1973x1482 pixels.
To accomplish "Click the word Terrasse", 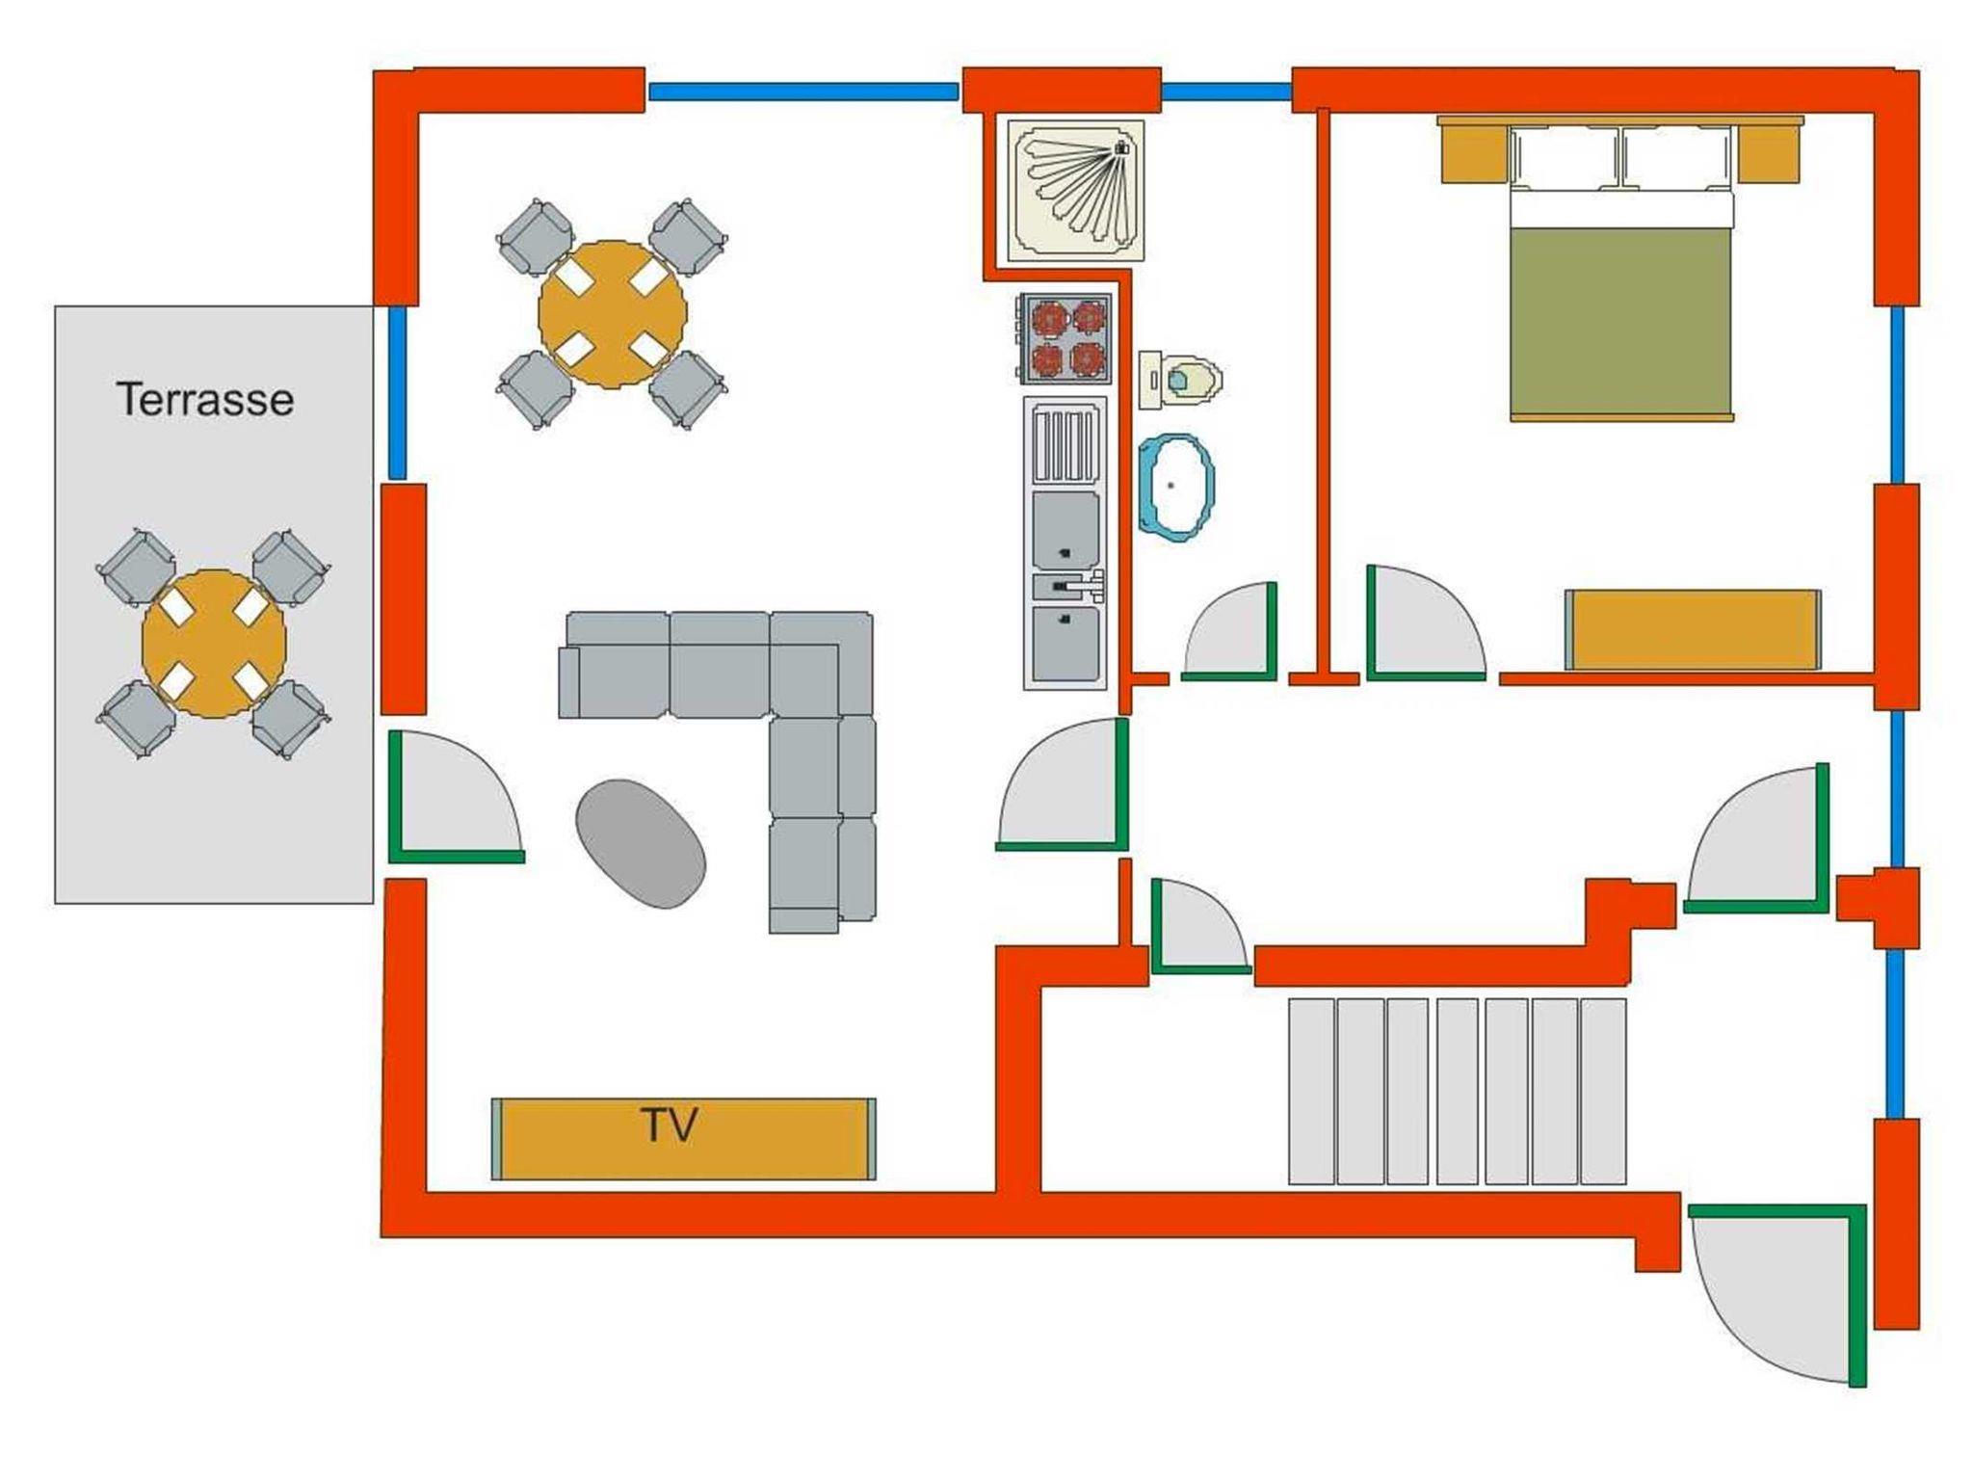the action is pos(205,399).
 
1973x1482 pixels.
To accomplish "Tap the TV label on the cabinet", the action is pos(669,1125).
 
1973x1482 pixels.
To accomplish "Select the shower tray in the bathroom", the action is pos(1076,190).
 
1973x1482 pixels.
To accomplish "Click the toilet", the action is pos(1181,379).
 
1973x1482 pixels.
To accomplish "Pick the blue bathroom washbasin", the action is pos(1176,487).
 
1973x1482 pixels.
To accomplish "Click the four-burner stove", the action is pos(1065,339).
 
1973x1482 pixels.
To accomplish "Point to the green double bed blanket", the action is pos(1620,322).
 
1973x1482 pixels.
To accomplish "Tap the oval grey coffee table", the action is pos(641,843).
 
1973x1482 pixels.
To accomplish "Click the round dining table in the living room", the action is pos(613,314).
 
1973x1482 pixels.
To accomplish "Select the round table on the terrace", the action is pos(214,643).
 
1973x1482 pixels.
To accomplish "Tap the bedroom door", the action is pos(1426,622).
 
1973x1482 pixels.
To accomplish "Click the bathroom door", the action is pos(1229,631).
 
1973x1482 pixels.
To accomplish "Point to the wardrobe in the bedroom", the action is pos(1693,629).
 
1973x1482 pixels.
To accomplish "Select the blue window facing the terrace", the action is pos(397,392).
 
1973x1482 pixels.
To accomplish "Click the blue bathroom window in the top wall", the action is pos(1225,92).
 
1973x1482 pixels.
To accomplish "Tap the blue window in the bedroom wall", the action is pos(1897,394).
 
